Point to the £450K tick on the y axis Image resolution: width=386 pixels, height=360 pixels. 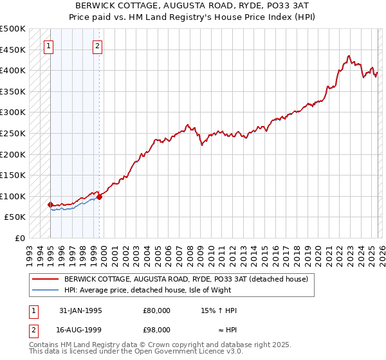(13, 50)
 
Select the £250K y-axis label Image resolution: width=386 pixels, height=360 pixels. (13, 133)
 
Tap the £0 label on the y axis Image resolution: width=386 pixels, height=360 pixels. (21, 238)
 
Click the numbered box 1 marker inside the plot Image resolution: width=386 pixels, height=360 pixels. (50, 46)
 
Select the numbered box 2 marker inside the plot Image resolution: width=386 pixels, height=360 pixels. (97, 46)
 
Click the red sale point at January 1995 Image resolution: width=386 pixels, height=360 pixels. (51, 204)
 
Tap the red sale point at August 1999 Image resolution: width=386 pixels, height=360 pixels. (99, 197)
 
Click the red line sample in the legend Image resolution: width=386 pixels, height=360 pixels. (46, 279)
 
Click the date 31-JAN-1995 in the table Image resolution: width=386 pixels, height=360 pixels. (80, 310)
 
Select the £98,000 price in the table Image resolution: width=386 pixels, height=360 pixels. (157, 330)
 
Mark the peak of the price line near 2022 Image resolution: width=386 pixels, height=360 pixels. (348, 56)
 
